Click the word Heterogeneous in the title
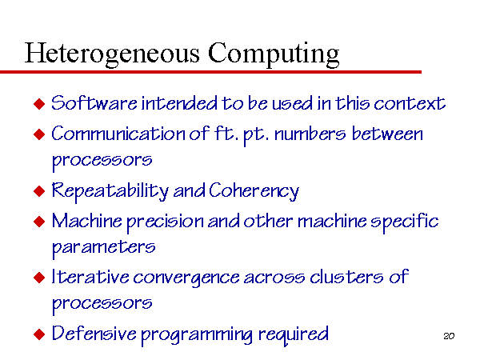point(112,54)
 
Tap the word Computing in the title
point(274,54)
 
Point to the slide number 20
point(449,336)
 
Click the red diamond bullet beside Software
point(39,104)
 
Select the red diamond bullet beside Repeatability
point(39,191)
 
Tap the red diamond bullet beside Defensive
point(39,334)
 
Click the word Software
point(94,102)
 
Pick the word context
point(410,103)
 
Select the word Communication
point(118,134)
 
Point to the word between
point(387,134)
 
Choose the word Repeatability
point(110,191)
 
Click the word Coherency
point(254,191)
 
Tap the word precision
point(166,222)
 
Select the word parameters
point(103,248)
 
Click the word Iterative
point(90,277)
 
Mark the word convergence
point(186,278)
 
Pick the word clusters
point(346,277)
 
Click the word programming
point(197,335)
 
